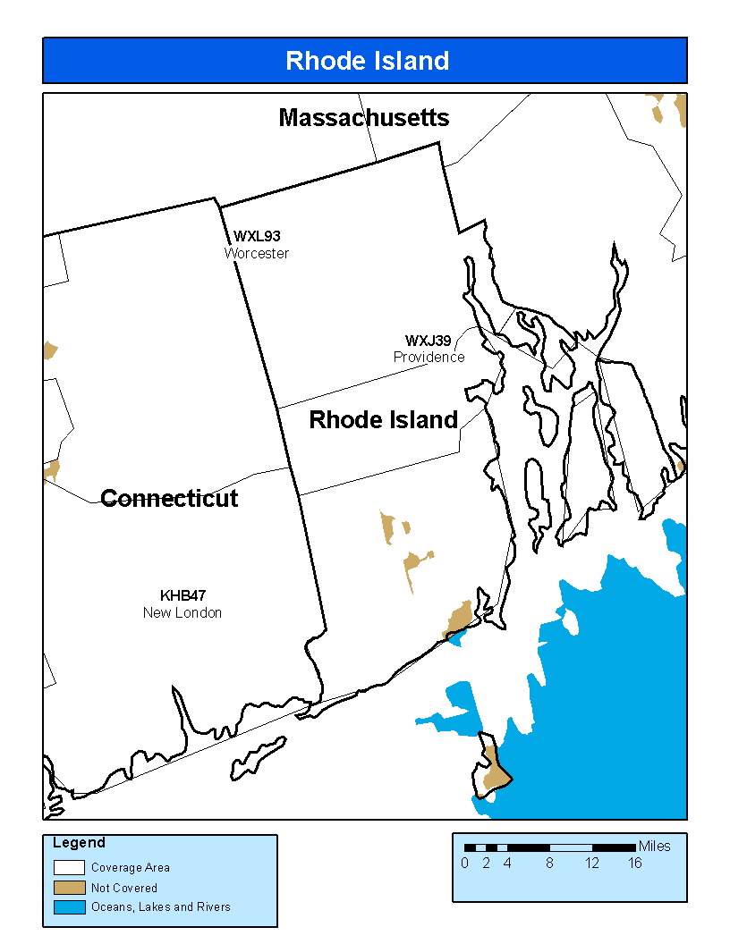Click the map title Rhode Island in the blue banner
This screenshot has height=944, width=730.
(367, 61)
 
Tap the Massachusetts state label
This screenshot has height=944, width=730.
(364, 118)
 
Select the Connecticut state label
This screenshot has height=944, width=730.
(169, 499)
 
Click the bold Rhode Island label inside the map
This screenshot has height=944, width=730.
(384, 420)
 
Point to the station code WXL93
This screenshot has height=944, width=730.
(257, 237)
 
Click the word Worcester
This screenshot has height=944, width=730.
(257, 253)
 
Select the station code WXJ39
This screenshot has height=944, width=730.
(428, 341)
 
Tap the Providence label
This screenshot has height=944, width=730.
(429, 357)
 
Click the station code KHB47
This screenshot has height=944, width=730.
(182, 595)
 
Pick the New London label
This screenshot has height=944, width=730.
(182, 612)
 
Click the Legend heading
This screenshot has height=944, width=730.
(79, 843)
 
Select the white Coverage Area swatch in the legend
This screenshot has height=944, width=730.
(69, 867)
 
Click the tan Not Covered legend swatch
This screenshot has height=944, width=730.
(69, 888)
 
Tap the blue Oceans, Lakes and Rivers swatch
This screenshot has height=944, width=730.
(69, 907)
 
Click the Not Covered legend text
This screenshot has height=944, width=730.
(124, 888)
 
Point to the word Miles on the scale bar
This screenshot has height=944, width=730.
(654, 847)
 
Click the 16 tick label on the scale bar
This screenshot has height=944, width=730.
(634, 864)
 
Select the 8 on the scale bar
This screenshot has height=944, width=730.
(549, 864)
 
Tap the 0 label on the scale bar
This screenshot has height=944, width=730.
(464, 864)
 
